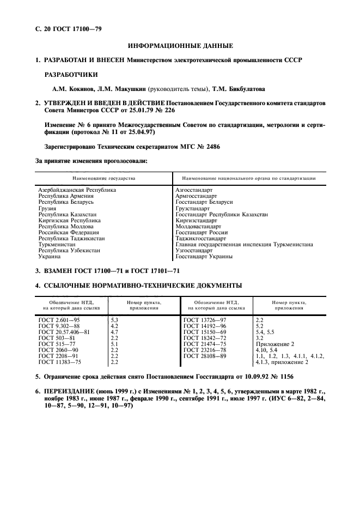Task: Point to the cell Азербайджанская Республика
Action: [x=77, y=190]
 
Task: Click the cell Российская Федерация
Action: [x=68, y=232]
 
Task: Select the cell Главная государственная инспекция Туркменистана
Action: [x=244, y=244]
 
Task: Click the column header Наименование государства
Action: [x=104, y=178]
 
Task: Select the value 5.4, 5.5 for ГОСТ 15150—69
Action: [x=265, y=331]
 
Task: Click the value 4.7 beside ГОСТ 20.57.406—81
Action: [x=114, y=331]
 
